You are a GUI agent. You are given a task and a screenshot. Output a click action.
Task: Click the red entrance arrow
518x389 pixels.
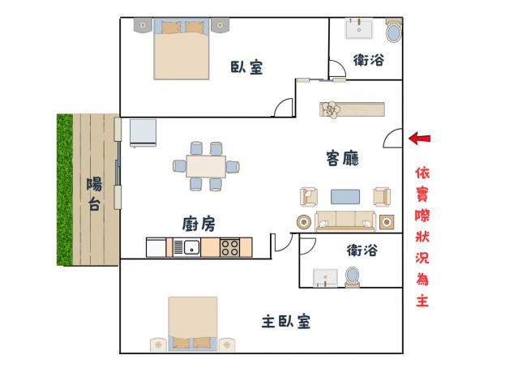tap(420, 139)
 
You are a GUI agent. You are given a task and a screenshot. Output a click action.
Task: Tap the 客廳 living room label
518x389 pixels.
tap(342, 158)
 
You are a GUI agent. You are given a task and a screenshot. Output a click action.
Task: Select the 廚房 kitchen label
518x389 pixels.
tap(199, 224)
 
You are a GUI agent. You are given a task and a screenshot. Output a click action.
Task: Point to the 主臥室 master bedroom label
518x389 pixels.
tap(286, 321)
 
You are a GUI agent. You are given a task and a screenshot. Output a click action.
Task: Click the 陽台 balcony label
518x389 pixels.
tap(94, 194)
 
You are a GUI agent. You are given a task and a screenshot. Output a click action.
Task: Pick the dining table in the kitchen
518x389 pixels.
tap(206, 166)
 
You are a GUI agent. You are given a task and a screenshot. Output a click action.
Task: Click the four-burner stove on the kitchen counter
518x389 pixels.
tap(230, 247)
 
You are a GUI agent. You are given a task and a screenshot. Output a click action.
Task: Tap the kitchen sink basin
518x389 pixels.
tap(191, 247)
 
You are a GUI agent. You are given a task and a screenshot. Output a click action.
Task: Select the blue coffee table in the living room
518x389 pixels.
tap(345, 197)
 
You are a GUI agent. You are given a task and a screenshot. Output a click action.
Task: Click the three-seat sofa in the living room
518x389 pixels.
tap(345, 221)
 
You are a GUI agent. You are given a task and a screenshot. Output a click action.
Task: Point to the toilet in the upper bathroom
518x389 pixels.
tap(394, 30)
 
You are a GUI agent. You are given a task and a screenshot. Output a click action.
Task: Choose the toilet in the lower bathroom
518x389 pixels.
tap(352, 276)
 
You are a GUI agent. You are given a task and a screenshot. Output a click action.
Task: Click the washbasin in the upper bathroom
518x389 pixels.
tap(359, 28)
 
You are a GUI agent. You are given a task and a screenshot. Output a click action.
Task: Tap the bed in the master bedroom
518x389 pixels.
tap(193, 323)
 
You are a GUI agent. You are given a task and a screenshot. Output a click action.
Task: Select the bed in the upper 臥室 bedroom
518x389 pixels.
tap(182, 49)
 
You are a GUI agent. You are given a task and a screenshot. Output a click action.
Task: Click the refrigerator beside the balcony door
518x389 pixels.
tap(143, 133)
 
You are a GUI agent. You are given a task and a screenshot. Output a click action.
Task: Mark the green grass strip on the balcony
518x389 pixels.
tap(65, 190)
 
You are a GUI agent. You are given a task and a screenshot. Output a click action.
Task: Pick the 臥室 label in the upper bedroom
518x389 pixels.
tap(246, 67)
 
